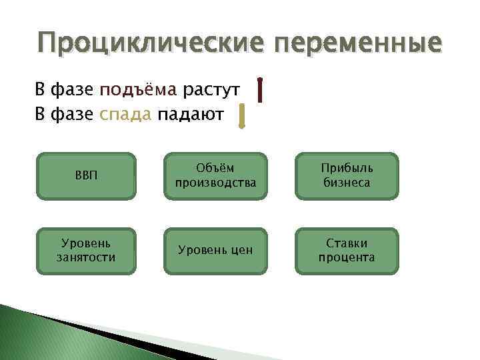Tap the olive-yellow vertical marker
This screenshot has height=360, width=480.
pyautogui.click(x=243, y=115)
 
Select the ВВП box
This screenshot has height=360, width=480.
pyautogui.click(x=85, y=177)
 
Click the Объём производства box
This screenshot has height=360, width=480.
pyautogui.click(x=215, y=177)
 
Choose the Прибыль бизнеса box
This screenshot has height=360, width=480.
pyautogui.click(x=347, y=177)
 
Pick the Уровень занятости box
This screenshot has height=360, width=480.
pyautogui.click(x=85, y=251)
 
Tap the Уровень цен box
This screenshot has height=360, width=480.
pyautogui.click(x=215, y=251)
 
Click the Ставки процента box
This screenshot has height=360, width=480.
pyautogui.click(x=347, y=251)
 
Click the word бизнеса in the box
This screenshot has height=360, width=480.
pyautogui.click(x=347, y=183)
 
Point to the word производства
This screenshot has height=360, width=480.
pyautogui.click(x=215, y=183)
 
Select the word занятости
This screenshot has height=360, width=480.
pyautogui.click(x=85, y=257)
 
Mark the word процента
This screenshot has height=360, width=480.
pyautogui.click(x=347, y=257)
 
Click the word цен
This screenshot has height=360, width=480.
pyautogui.click(x=241, y=251)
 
